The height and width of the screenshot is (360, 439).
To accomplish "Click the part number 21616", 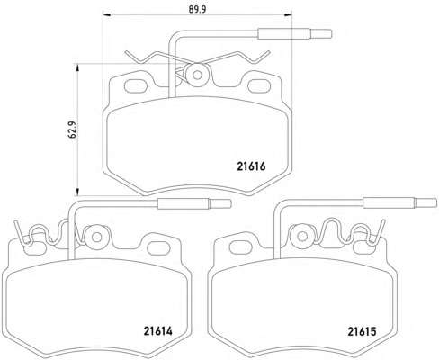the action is tap(251, 166).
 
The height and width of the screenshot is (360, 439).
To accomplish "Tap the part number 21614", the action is tap(158, 331).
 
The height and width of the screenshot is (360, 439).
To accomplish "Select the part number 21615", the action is tap(362, 331).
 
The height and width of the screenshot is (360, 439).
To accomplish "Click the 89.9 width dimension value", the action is tap(197, 10).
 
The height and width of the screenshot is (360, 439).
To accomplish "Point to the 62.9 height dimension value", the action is tap(72, 130).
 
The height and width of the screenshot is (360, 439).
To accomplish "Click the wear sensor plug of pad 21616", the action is tap(295, 33).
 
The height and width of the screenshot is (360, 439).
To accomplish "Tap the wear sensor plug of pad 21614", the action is tap(194, 203).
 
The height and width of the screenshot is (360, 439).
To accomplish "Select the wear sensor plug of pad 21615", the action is tap(399, 203).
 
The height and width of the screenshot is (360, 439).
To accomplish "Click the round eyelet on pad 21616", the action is tap(197, 75).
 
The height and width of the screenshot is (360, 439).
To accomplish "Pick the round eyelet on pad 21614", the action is tap(96, 238).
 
